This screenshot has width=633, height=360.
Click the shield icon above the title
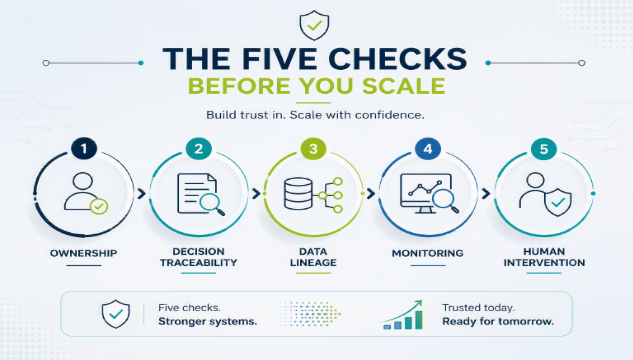(x=314, y=25)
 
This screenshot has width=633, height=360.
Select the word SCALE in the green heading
(x=403, y=86)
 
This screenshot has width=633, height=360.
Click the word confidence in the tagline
(x=389, y=115)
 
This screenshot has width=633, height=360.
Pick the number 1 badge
(x=84, y=149)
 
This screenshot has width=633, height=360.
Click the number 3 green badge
(x=313, y=149)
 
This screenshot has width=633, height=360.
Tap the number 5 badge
(x=544, y=149)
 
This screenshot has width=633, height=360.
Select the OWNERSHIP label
(x=84, y=253)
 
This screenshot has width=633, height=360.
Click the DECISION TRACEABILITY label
(x=198, y=257)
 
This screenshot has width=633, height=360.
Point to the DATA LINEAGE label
(x=313, y=257)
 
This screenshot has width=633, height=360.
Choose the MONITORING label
(x=428, y=253)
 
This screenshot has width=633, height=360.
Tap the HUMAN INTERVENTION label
(x=544, y=257)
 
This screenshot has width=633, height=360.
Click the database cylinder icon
(x=298, y=194)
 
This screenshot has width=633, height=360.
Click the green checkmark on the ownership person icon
(x=99, y=207)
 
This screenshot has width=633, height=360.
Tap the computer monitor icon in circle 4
(x=425, y=193)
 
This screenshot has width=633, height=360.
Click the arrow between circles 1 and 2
(x=141, y=194)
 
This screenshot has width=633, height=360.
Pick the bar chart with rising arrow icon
(x=403, y=315)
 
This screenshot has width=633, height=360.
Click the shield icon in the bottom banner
(x=116, y=314)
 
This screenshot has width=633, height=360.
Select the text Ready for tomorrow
(x=498, y=322)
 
